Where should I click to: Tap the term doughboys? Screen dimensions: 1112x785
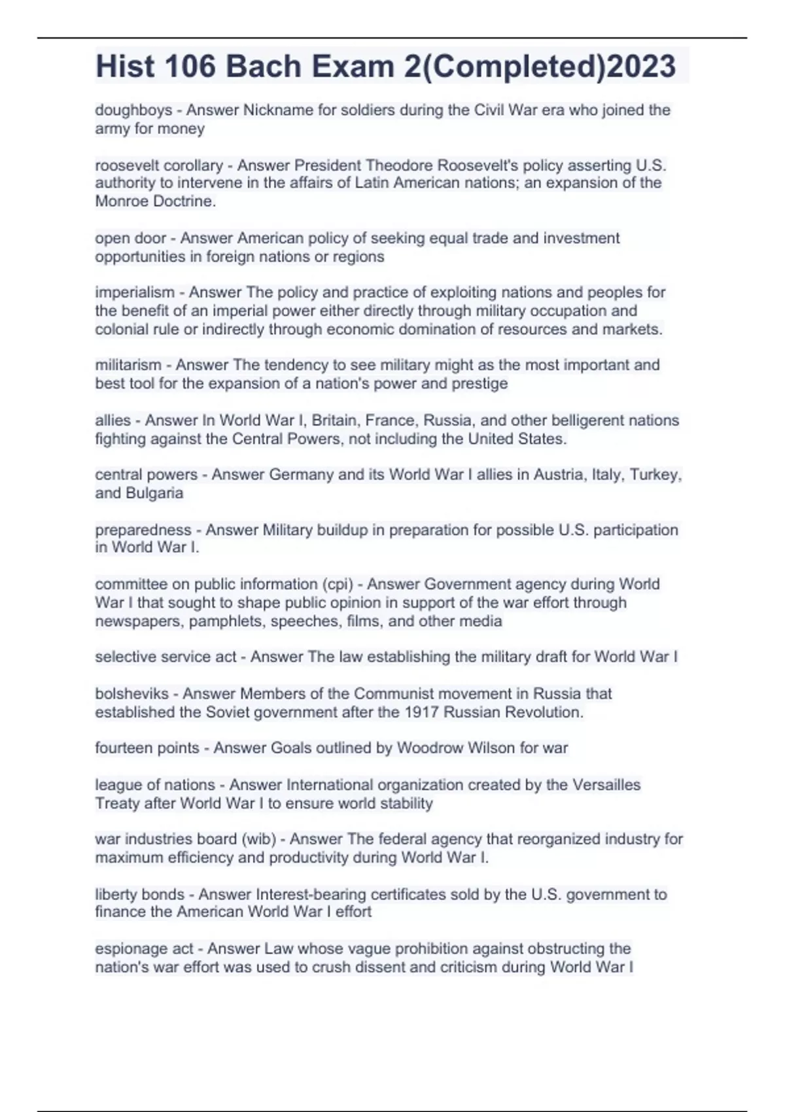tap(133, 110)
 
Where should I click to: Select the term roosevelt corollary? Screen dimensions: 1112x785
tap(159, 165)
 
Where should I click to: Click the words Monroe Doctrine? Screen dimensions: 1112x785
tap(155, 201)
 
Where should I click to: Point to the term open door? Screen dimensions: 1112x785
tap(131, 238)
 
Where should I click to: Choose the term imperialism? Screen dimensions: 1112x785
tap(135, 292)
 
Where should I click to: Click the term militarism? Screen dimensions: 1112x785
tap(128, 365)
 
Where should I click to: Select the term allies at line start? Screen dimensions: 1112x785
tap(113, 421)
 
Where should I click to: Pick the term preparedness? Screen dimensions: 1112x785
tap(143, 530)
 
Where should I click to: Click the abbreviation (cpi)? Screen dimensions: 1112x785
tap(337, 584)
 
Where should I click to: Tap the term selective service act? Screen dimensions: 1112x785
tap(166, 657)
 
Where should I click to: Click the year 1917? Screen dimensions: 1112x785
tap(421, 712)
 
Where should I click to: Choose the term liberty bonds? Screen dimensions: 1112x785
tap(139, 894)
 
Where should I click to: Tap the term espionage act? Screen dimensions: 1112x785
tap(144, 948)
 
